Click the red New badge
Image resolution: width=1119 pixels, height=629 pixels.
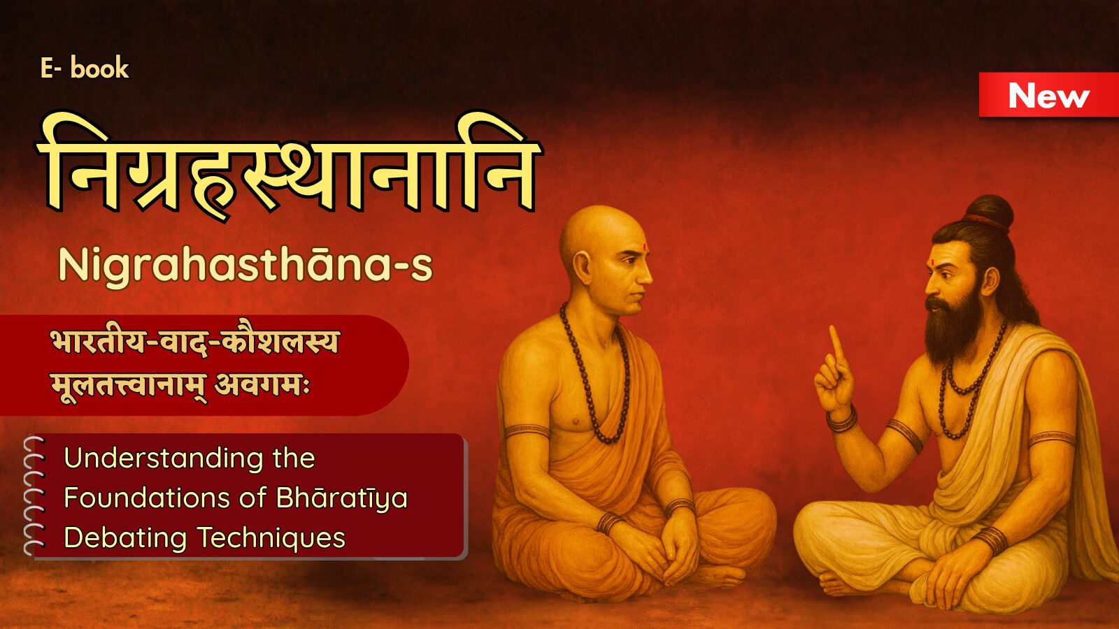1048,95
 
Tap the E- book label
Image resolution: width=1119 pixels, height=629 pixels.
85,68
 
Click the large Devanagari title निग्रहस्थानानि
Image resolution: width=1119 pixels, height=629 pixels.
288,165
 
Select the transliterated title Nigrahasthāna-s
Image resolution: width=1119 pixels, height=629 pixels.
245,265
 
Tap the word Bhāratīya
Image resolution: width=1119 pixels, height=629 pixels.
342,499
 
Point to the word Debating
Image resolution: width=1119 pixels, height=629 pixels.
125,539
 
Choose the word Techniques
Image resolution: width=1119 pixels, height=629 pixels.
271,537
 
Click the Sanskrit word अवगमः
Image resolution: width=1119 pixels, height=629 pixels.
262,386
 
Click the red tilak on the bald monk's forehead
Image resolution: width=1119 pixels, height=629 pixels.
645,247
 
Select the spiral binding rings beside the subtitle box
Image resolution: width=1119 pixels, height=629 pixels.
34,496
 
